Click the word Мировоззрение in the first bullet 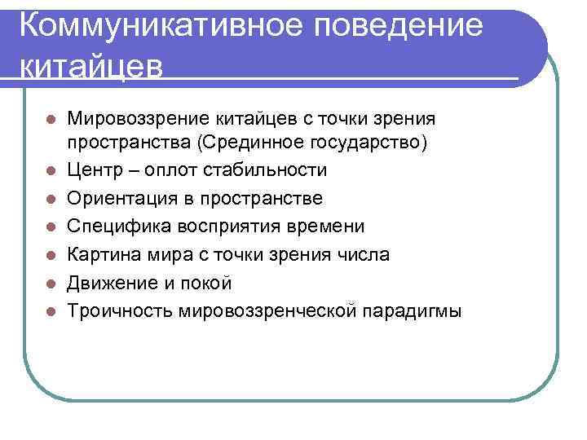click(x=133, y=120)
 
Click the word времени click(x=329, y=226)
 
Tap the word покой click(x=206, y=283)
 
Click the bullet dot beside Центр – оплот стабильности click(x=51, y=170)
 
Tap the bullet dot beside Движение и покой click(x=51, y=284)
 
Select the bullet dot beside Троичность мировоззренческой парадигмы click(x=51, y=311)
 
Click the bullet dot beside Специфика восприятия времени click(x=51, y=227)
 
